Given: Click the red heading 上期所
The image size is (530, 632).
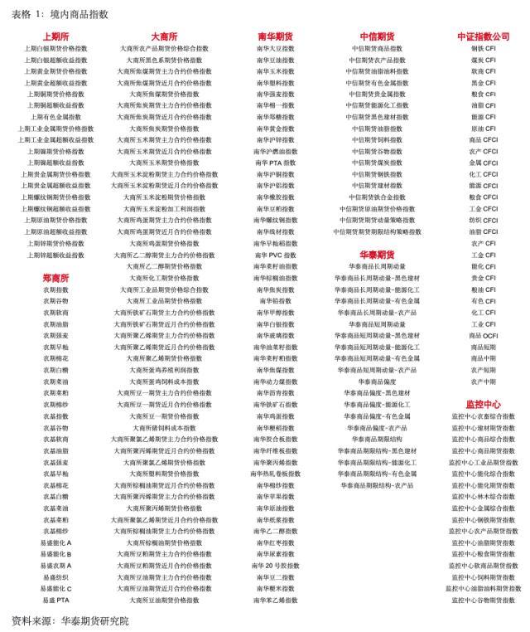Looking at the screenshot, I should (55, 36).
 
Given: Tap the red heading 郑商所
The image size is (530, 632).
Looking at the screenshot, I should (55, 278).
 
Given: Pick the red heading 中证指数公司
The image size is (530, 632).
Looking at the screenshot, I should (484, 36).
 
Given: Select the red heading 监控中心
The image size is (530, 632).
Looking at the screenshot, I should (484, 403).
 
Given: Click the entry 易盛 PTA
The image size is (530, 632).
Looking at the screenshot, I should (55, 600).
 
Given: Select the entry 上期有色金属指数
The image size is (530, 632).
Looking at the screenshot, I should (55, 117).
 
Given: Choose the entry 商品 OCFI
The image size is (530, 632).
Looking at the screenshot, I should (484, 335).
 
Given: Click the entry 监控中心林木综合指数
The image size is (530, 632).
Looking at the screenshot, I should (484, 496).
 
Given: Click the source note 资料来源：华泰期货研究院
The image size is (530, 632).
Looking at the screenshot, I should (70, 620).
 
